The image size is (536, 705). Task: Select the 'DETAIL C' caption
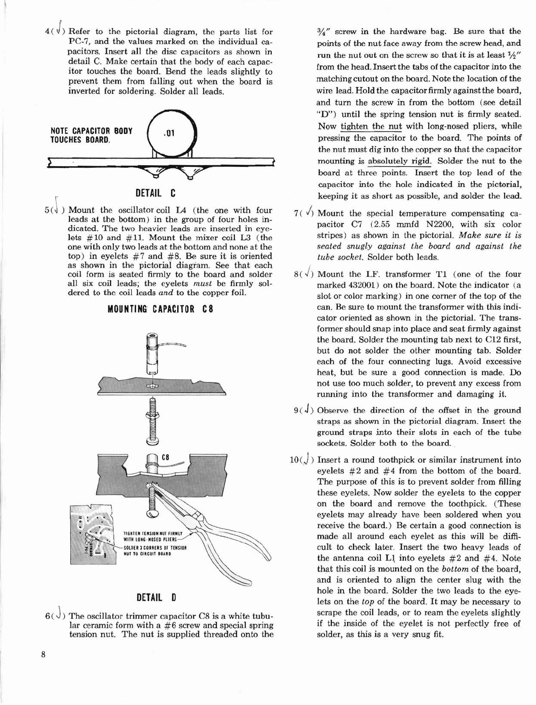click(156, 193)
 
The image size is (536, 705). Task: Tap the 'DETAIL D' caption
click(156, 598)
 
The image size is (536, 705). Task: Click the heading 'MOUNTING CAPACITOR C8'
click(160, 309)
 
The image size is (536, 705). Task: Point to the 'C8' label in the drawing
click(166, 457)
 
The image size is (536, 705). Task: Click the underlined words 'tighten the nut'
click(371, 126)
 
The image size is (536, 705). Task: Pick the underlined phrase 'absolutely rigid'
click(399, 161)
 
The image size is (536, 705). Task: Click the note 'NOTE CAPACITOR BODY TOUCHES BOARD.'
click(92, 135)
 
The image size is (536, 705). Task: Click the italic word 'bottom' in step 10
click(454, 569)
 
